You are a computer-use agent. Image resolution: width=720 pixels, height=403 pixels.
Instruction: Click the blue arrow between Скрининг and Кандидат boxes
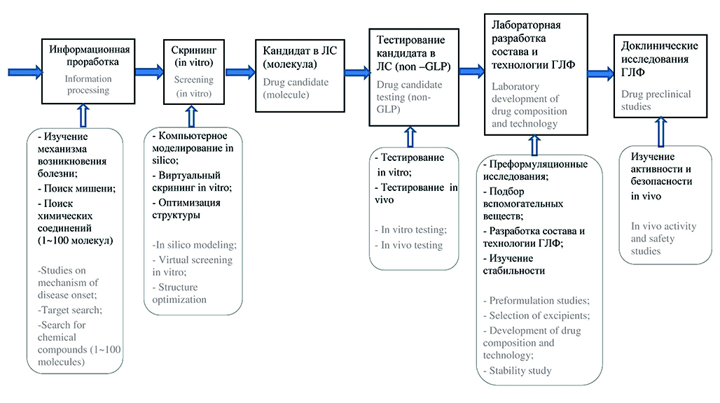pyautogui.click(x=240, y=71)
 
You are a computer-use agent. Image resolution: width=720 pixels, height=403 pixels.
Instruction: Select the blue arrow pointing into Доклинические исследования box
pyautogui.click(x=600, y=72)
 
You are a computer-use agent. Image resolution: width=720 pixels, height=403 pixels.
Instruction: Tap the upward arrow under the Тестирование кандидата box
pyautogui.click(x=410, y=136)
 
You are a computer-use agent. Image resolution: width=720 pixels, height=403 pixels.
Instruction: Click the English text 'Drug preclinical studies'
pyautogui.click(x=656, y=100)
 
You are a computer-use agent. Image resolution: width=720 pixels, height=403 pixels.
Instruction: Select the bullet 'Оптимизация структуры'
pyautogui.click(x=186, y=208)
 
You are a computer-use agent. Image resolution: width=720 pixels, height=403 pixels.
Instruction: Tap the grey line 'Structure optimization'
pyautogui.click(x=179, y=293)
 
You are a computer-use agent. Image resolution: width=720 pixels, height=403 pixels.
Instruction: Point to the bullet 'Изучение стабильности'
pyautogui.click(x=518, y=265)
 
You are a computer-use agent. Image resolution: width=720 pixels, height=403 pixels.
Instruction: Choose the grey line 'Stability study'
pyautogui.click(x=519, y=370)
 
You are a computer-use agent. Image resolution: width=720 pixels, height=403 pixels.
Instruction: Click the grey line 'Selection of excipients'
pyautogui.click(x=539, y=315)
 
